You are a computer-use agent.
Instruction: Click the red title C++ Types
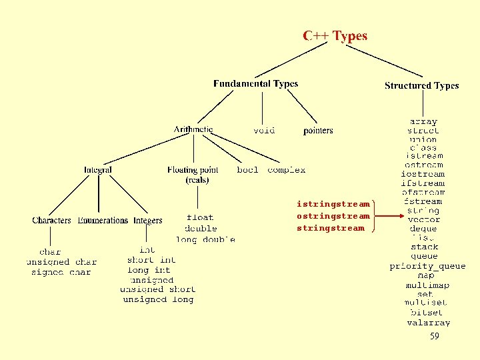[x=335, y=36]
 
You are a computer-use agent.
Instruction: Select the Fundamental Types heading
[x=255, y=84]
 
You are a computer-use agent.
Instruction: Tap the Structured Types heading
[x=421, y=86]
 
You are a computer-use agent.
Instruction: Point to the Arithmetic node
[x=193, y=129]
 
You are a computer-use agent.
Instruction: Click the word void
[x=264, y=131]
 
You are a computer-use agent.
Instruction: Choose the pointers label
[x=318, y=131]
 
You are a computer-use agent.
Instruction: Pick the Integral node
[x=98, y=170]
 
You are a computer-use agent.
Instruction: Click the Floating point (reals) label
[x=193, y=175]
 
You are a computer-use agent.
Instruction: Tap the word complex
[x=287, y=170]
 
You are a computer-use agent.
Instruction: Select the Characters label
[x=51, y=221]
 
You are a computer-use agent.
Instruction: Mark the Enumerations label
[x=103, y=221]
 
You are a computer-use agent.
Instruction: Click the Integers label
[x=148, y=221]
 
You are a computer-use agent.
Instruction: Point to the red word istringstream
[x=333, y=204]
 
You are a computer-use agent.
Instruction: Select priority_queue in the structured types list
[x=427, y=266]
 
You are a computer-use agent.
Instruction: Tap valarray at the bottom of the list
[x=428, y=323]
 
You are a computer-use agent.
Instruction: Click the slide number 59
[x=435, y=337]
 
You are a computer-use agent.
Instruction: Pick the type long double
[x=205, y=239]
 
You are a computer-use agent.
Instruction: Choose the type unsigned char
[x=61, y=262]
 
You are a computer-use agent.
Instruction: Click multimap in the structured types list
[x=427, y=285]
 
